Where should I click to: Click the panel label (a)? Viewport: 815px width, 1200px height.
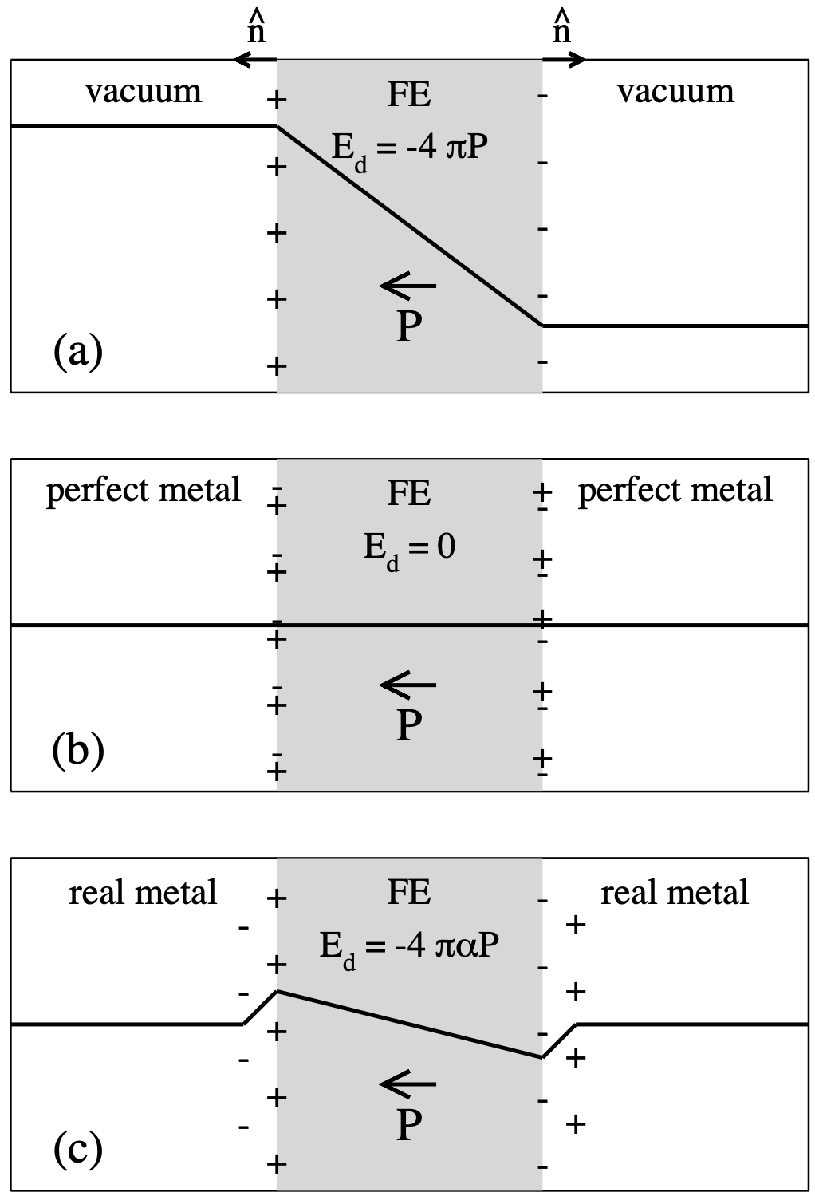click(x=78, y=351)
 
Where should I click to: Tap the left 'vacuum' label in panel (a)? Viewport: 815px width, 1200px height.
click(x=144, y=92)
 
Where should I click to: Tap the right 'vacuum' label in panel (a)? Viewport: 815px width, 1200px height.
click(x=675, y=92)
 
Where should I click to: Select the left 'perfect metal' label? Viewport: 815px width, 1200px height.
click(x=144, y=490)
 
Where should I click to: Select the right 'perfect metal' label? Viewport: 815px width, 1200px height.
click(x=675, y=490)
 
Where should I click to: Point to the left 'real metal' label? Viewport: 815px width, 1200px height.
click(x=143, y=892)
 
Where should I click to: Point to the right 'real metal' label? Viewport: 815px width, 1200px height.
click(x=675, y=892)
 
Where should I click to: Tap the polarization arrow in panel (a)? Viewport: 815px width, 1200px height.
click(x=407, y=285)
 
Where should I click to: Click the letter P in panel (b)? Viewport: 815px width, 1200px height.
click(x=409, y=725)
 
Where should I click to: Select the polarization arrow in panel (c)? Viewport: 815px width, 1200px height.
click(x=407, y=1083)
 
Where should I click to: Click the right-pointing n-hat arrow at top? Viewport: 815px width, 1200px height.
click(x=564, y=59)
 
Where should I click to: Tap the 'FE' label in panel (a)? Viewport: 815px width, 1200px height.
click(x=409, y=94)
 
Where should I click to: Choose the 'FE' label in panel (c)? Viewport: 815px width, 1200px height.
click(x=409, y=892)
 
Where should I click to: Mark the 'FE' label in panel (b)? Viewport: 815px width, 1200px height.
click(x=409, y=493)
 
